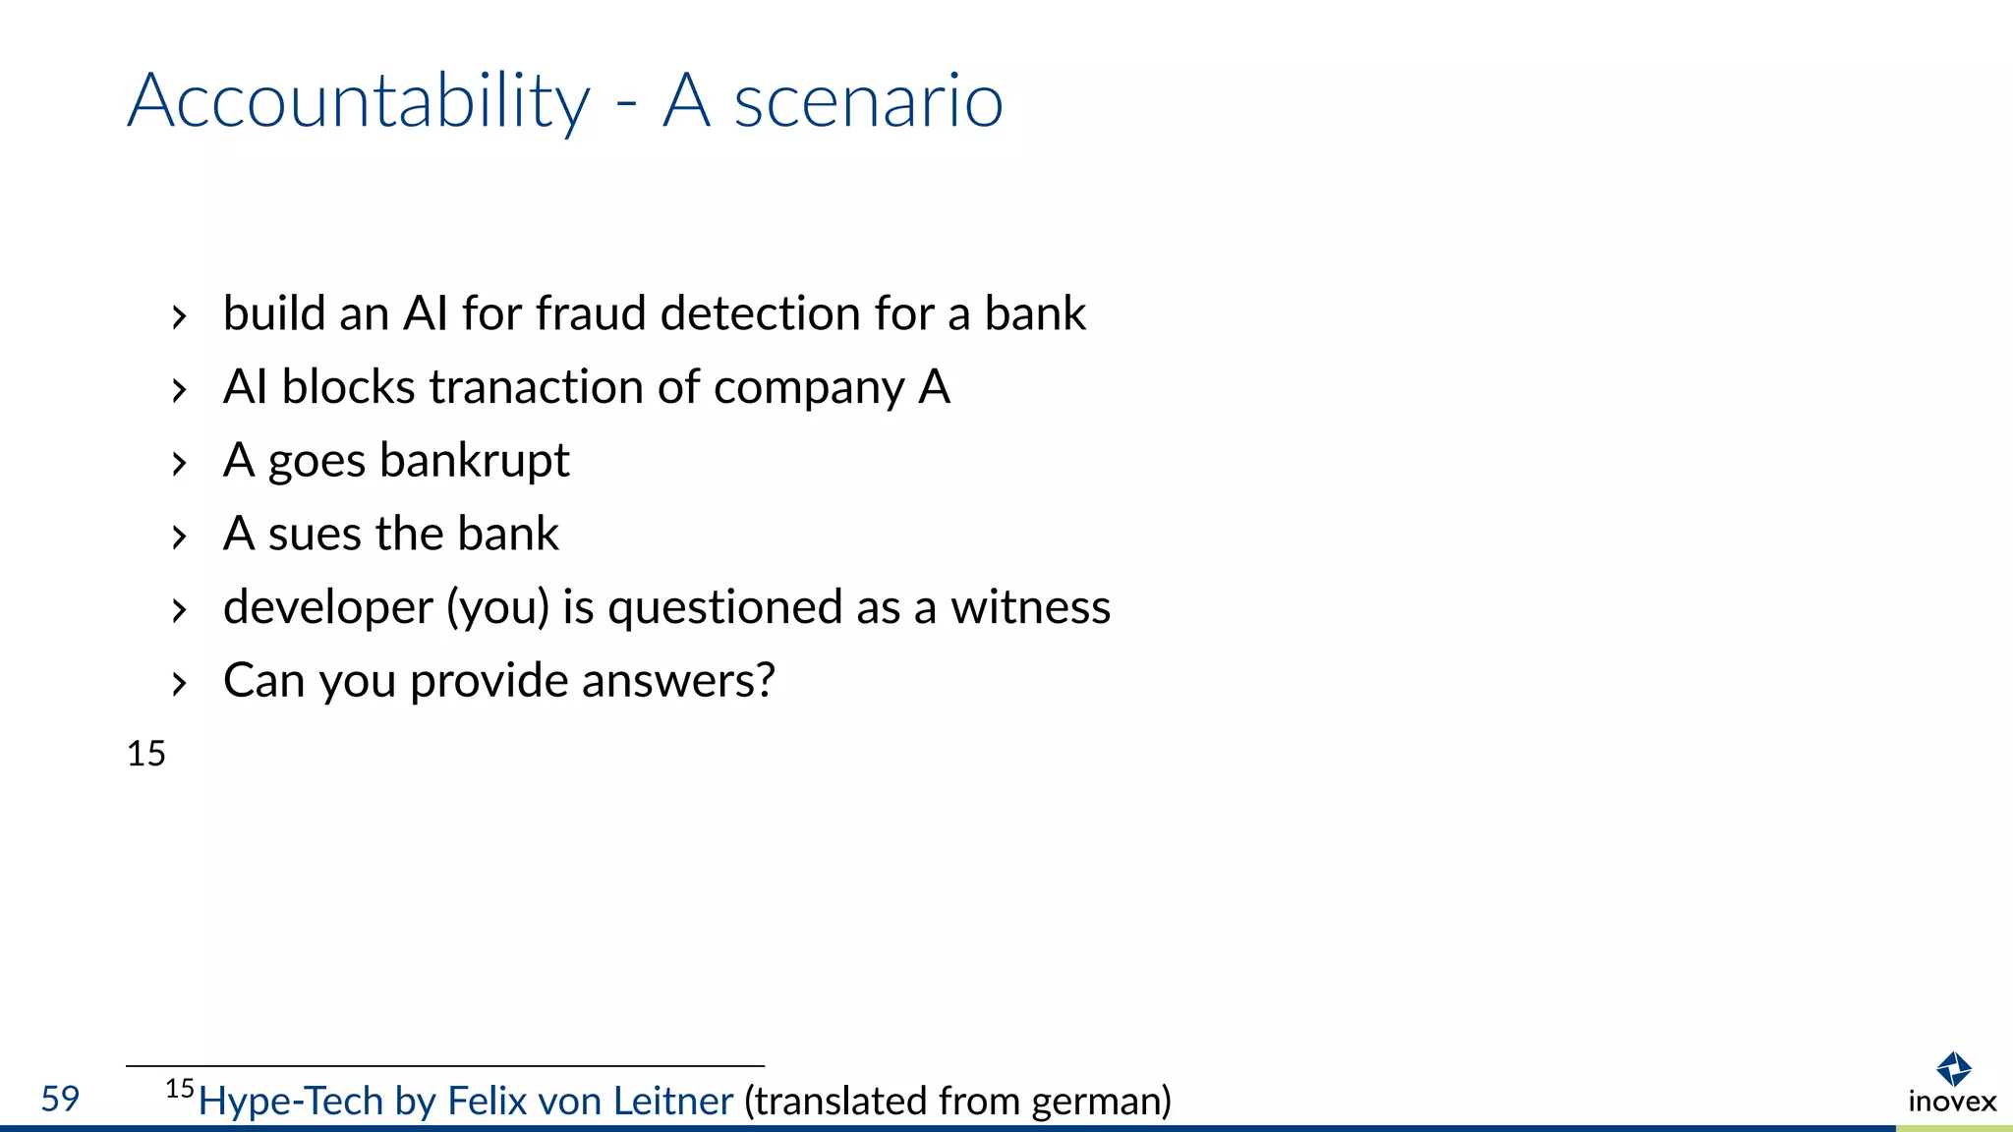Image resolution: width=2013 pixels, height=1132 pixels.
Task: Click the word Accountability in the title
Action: coord(359,101)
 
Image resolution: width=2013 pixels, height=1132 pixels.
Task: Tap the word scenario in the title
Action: coord(869,101)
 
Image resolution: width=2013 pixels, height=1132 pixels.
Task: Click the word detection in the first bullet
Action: coord(761,313)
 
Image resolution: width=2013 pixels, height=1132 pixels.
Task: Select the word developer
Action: coord(327,608)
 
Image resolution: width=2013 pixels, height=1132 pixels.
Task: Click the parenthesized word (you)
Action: coord(497,608)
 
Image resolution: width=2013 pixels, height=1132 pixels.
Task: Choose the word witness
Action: coord(1030,607)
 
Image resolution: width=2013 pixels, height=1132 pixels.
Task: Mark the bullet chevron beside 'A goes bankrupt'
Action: coord(178,463)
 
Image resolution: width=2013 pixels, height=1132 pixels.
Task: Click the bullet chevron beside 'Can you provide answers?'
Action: coord(178,683)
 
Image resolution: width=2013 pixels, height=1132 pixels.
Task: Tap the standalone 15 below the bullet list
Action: coord(146,754)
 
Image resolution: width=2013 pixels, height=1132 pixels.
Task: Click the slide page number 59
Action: coord(60,1099)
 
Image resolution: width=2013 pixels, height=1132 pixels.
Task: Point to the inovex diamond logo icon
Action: coord(1953,1068)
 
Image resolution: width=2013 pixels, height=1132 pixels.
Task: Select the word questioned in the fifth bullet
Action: coord(724,608)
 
